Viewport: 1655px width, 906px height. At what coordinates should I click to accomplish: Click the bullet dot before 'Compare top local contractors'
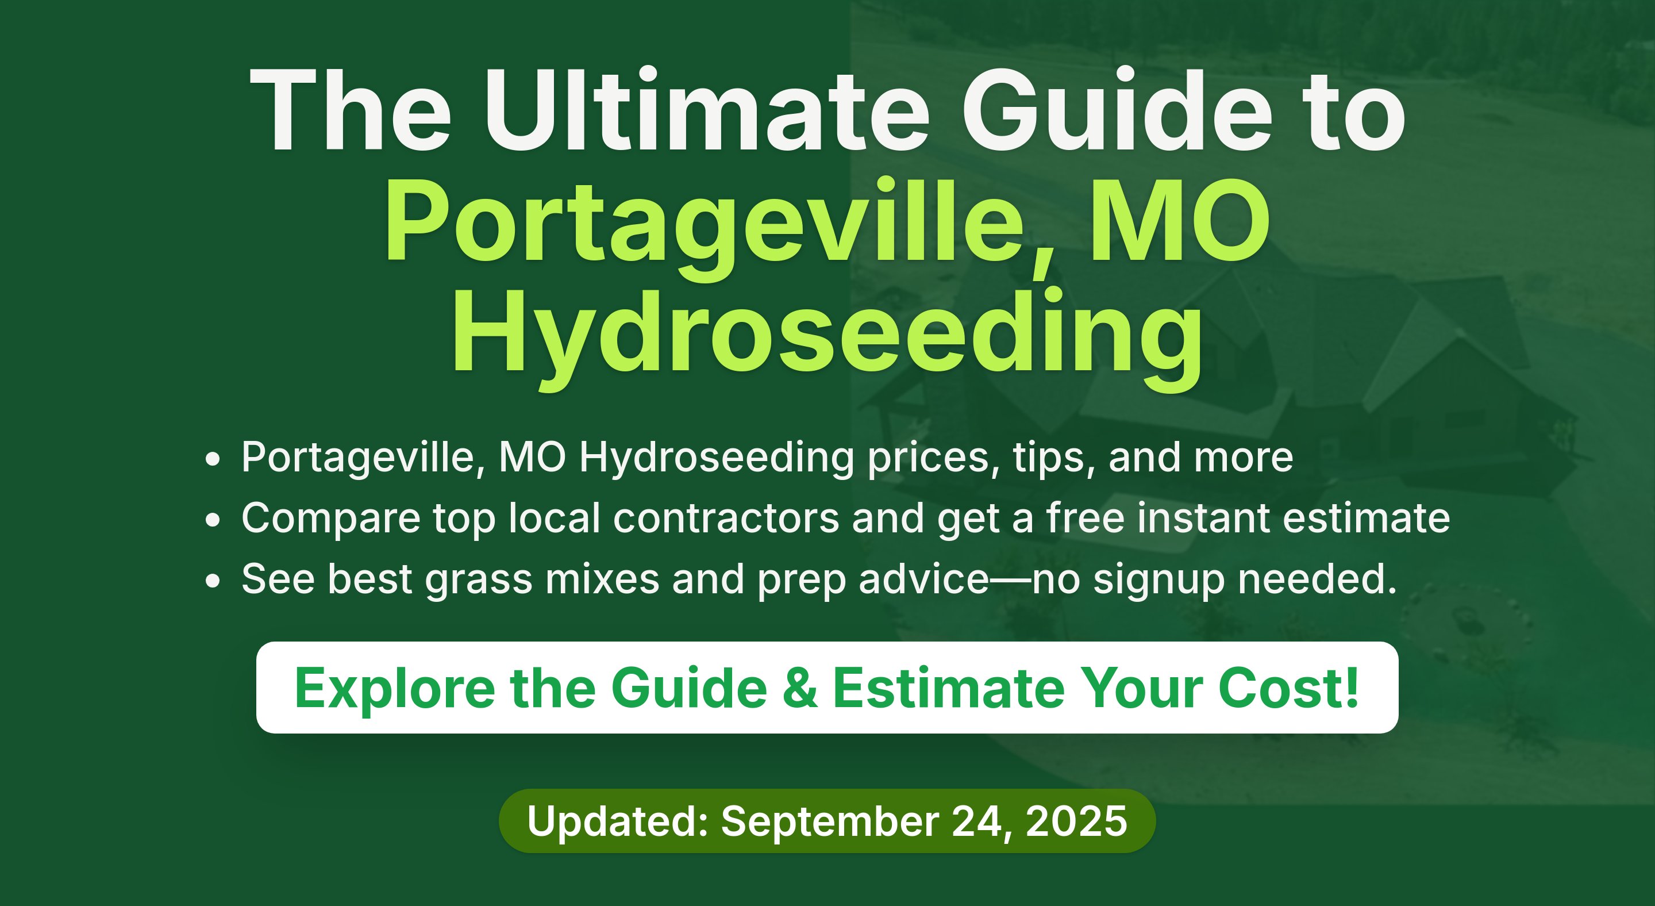click(x=213, y=519)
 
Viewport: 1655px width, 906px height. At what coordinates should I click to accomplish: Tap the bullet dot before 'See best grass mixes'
click(x=213, y=580)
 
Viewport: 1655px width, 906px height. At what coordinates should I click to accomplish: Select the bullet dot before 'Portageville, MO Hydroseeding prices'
click(x=213, y=459)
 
